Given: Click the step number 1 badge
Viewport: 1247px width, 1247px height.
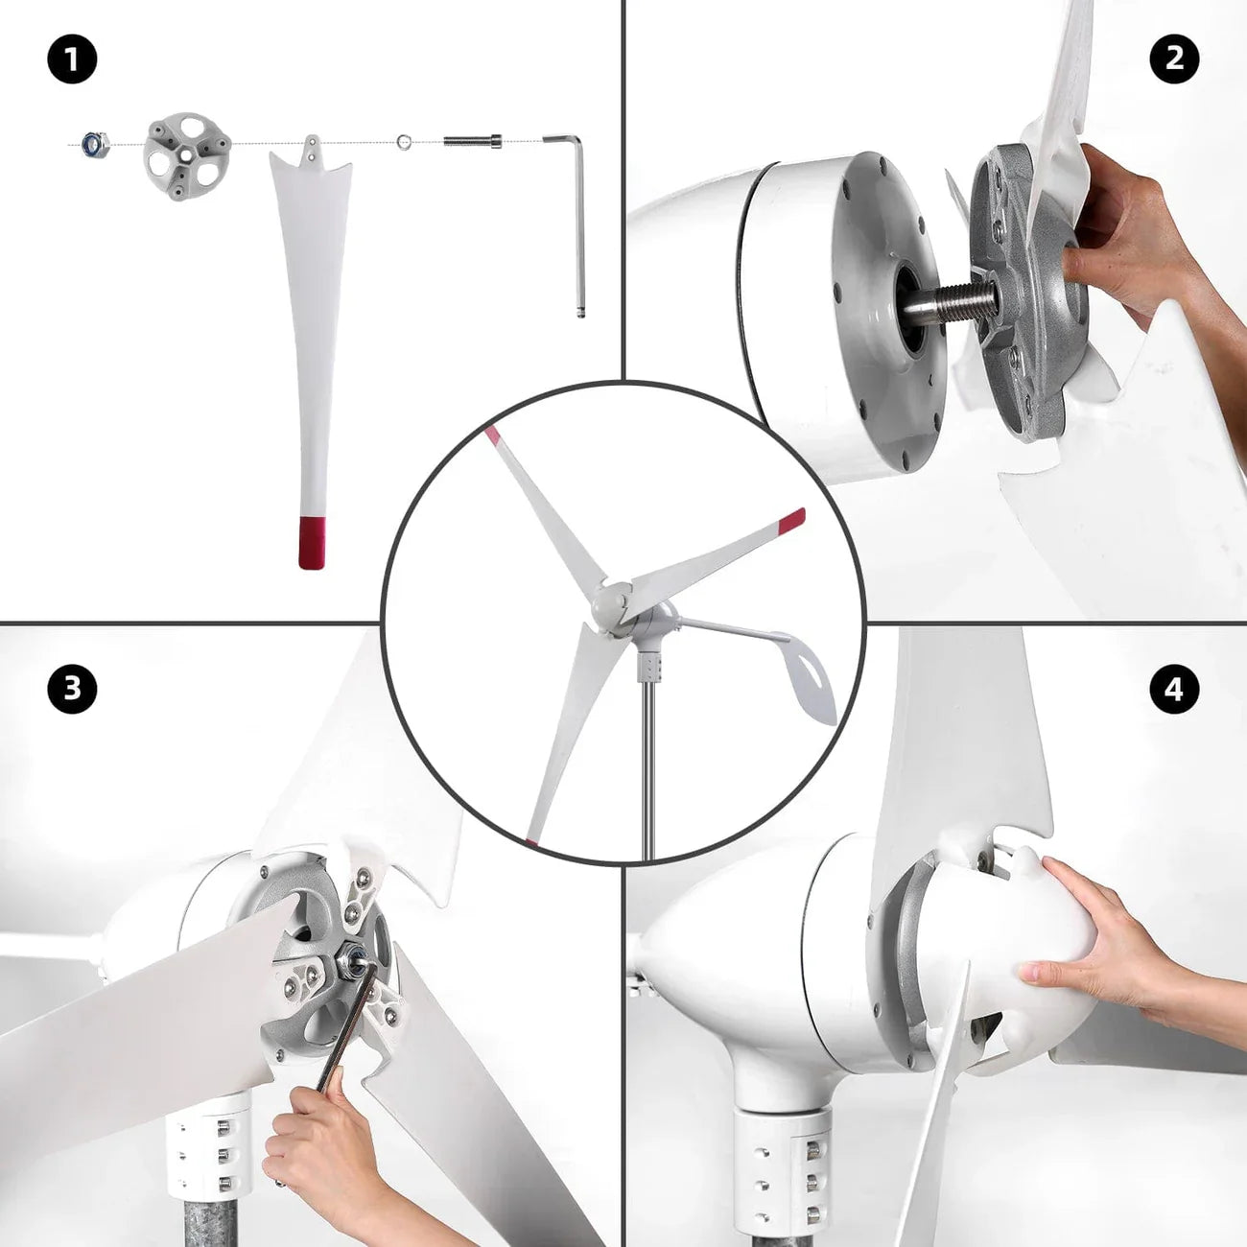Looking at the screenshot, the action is tap(72, 61).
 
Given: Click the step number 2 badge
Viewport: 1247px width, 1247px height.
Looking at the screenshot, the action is tap(1174, 60).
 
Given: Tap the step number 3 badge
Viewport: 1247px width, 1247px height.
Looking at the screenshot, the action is tap(72, 689).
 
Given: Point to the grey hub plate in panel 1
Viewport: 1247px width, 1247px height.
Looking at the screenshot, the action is tap(187, 155).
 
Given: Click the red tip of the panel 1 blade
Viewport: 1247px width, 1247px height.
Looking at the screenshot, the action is tap(312, 544).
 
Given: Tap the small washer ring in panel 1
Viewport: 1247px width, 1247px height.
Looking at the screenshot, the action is tap(405, 141).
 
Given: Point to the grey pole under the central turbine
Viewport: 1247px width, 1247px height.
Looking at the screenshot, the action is tap(647, 771).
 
